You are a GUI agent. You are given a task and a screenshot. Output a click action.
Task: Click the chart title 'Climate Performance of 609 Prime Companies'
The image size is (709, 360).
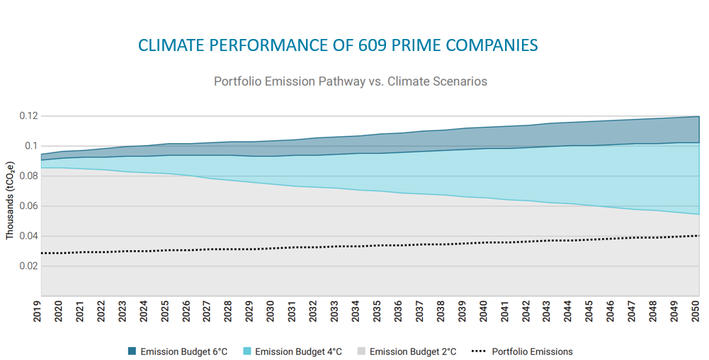[338, 46]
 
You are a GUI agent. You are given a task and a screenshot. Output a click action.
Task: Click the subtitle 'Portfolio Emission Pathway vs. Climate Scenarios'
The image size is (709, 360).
[351, 81]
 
